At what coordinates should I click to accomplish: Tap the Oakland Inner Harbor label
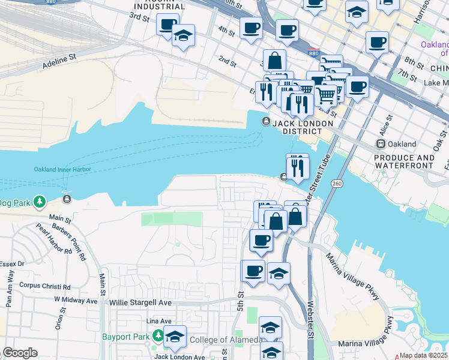click(62, 169)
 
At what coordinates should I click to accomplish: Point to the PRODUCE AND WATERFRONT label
click(404, 162)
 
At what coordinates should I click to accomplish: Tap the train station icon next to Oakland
click(380, 144)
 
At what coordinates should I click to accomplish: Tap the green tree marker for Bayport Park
click(157, 337)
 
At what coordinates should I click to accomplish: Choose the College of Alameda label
click(224, 340)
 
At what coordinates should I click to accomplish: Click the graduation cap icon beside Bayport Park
click(175, 337)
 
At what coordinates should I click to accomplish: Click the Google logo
click(20, 353)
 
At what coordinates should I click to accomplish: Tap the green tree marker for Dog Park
click(40, 201)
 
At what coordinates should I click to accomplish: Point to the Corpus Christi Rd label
click(44, 286)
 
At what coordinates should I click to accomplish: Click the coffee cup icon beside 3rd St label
click(167, 25)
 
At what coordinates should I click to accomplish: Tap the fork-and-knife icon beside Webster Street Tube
click(297, 166)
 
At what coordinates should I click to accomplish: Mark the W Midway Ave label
click(76, 300)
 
